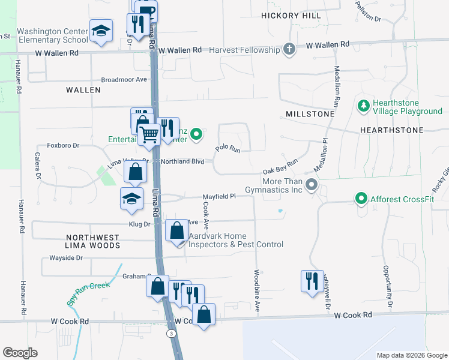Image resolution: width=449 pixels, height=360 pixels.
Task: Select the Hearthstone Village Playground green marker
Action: (363, 107)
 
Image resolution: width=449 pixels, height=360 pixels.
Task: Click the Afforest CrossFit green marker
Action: (361, 197)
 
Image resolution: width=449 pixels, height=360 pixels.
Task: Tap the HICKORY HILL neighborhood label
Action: (291, 15)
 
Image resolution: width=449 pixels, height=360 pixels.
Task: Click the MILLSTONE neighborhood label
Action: (310, 113)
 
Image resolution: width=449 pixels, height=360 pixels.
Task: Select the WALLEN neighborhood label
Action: (83, 89)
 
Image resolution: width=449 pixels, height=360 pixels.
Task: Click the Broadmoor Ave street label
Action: (124, 79)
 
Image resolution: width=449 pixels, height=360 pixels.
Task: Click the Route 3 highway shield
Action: (172, 333)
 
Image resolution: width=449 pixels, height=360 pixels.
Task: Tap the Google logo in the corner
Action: (20, 353)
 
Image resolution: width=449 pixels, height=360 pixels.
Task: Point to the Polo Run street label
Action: (228, 148)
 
